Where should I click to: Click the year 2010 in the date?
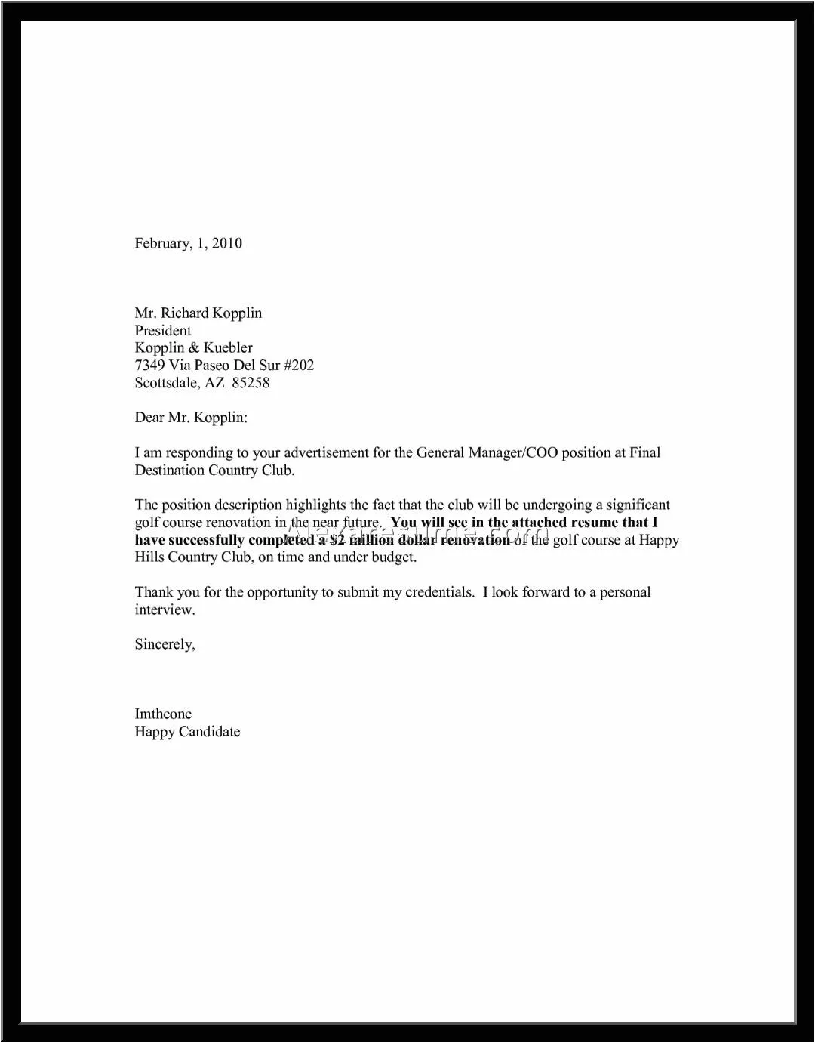[226, 243]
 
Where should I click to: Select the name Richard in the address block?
[186, 313]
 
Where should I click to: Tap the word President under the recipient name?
[163, 330]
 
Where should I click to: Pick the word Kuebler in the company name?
[229, 347]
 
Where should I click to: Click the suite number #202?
[299, 366]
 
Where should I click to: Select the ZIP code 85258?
[251, 383]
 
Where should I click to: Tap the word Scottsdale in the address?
[168, 383]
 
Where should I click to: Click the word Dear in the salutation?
[149, 418]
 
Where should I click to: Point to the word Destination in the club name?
[170, 471]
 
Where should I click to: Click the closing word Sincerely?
[165, 644]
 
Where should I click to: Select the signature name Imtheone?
[163, 714]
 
